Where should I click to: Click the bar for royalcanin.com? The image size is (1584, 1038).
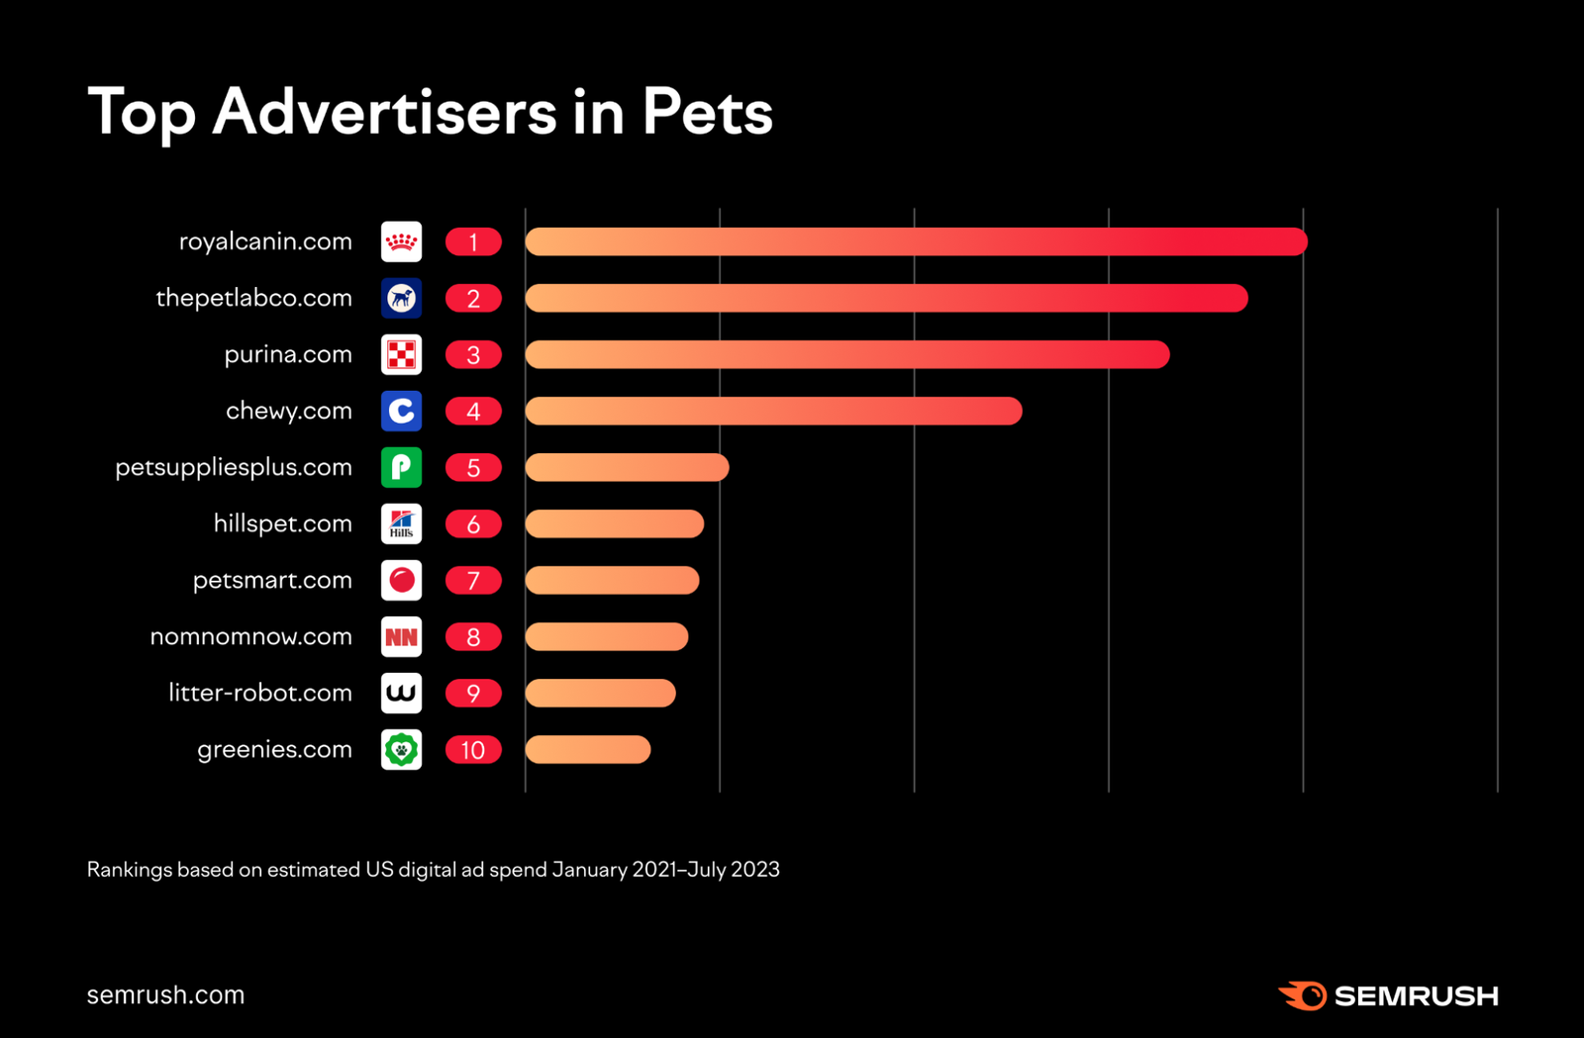(916, 241)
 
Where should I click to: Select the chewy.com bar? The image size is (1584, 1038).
(773, 411)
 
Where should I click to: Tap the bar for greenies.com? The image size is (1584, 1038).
(588, 750)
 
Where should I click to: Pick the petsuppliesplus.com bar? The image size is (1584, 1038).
(627, 467)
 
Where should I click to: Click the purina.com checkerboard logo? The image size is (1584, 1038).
(401, 354)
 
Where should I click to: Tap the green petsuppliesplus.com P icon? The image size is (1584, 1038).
(401, 467)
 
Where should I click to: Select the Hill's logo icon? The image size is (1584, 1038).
(401, 523)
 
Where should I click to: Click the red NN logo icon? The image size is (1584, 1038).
(401, 637)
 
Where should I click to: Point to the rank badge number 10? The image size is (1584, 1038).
(473, 750)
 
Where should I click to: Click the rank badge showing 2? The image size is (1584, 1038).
(473, 298)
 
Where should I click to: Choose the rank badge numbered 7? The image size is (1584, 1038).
(473, 581)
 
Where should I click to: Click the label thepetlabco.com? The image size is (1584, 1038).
(253, 298)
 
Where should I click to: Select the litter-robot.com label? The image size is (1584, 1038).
(259, 693)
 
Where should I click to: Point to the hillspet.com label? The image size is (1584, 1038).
(282, 523)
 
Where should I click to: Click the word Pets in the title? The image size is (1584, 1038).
(707, 112)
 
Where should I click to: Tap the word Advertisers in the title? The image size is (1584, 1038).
(384, 112)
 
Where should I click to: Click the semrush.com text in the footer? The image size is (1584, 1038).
(165, 994)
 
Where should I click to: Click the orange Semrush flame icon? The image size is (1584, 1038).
(1303, 995)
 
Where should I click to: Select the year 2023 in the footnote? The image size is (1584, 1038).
(755, 870)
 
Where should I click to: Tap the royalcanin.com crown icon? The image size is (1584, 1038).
(401, 241)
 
